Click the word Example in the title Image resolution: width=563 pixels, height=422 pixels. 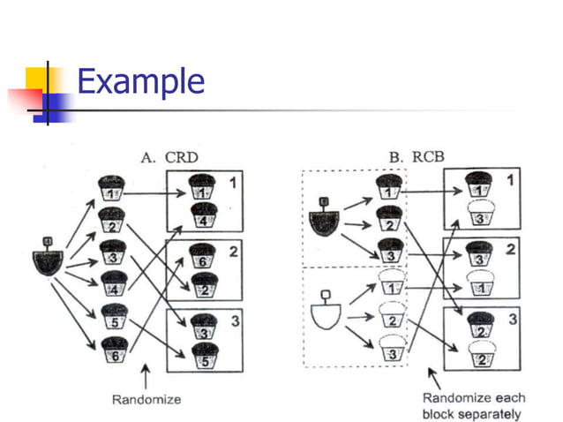pyautogui.click(x=140, y=82)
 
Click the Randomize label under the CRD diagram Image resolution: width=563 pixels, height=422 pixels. pyautogui.click(x=146, y=399)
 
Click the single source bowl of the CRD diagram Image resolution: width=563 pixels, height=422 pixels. pyautogui.click(x=48, y=260)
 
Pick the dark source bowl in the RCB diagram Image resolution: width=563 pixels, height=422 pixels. pyautogui.click(x=324, y=218)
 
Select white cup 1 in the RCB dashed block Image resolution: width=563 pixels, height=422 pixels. pyautogui.click(x=388, y=286)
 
